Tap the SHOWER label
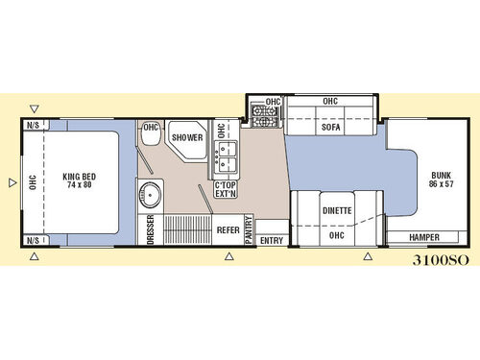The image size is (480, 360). [187, 137]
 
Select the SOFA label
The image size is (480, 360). [331, 128]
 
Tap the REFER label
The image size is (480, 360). [228, 230]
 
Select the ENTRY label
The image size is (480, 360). [272, 239]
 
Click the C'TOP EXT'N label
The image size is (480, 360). [226, 189]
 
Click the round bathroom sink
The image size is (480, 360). [151, 199]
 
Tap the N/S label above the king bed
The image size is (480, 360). [33, 125]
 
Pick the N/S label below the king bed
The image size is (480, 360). [33, 239]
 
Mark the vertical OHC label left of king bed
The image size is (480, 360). [32, 181]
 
